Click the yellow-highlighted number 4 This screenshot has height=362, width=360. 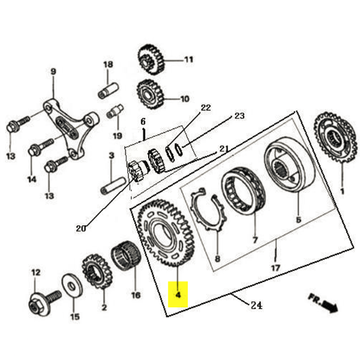tap(178, 295)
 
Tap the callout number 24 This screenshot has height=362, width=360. tap(256, 305)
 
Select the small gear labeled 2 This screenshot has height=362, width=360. tap(98, 271)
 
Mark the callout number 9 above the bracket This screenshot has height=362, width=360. tap(53, 72)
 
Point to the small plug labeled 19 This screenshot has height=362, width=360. tap(115, 112)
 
